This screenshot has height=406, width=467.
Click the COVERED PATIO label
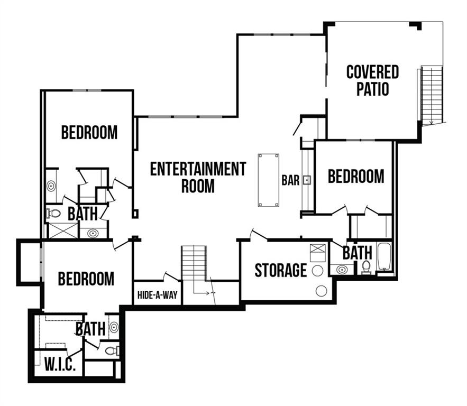[372, 80]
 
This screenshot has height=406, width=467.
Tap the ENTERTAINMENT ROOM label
[198, 177]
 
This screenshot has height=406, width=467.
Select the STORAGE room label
[280, 270]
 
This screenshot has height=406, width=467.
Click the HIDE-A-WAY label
[157, 295]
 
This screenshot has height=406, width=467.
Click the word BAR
[290, 181]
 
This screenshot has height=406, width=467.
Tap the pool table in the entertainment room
[268, 180]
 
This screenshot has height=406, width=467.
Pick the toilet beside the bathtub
[366, 266]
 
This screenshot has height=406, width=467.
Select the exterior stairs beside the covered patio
[432, 95]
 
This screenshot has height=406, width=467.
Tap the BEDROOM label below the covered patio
[356, 176]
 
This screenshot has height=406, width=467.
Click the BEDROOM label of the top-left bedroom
[89, 132]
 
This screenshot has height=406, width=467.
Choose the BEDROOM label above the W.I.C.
[86, 278]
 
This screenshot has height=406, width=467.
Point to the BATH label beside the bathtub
[357, 253]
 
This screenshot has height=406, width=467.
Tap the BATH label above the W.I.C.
[90, 329]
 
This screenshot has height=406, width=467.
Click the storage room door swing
[258, 234]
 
